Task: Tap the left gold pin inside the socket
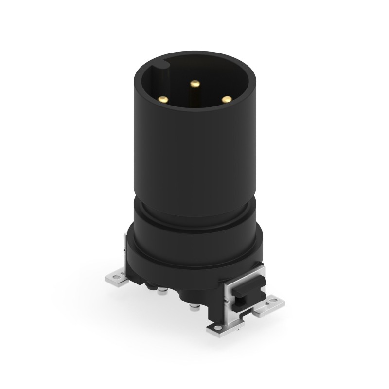click(x=164, y=99)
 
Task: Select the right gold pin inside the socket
click(x=226, y=99)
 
